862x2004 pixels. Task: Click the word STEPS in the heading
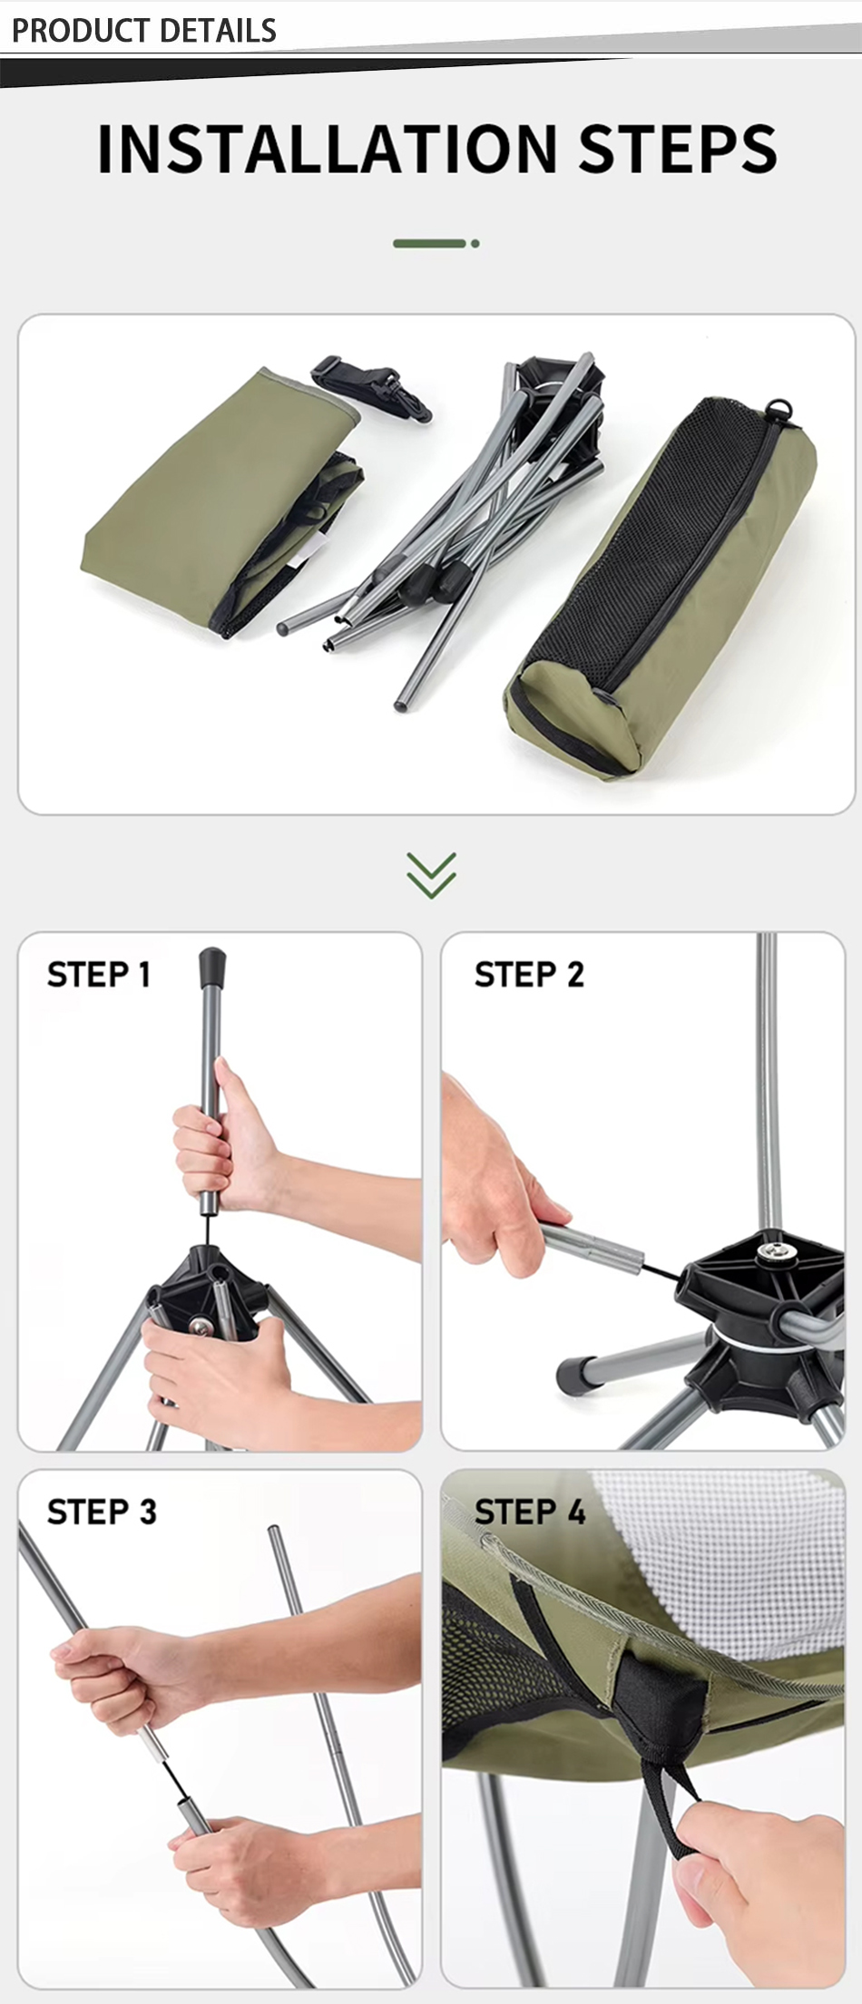coord(679,149)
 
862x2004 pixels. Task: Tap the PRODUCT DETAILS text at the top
coord(144,31)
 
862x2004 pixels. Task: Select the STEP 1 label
coord(98,975)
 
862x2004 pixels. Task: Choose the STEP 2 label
coord(529,975)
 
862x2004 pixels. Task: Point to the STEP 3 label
coord(102,1512)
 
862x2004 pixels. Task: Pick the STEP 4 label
coord(530,1512)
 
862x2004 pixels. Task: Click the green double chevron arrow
coord(431,875)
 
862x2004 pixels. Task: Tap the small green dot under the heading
coord(475,243)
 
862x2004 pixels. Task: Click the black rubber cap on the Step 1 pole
coord(211,968)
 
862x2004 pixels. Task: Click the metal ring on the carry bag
coord(779,409)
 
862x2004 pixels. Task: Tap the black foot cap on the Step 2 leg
coord(574,1374)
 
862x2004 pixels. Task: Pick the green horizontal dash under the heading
coord(429,243)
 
